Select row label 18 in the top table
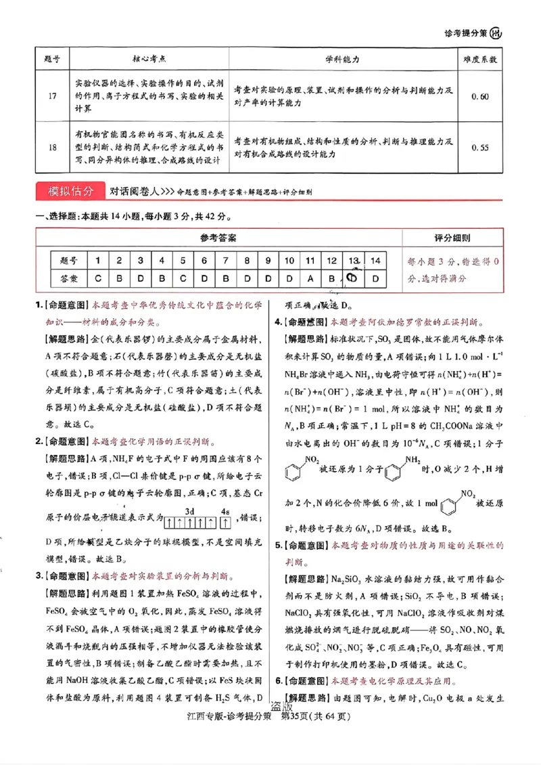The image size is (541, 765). [52, 146]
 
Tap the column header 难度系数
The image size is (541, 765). [480, 60]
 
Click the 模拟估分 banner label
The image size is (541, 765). [68, 191]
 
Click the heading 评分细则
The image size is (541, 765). [452, 238]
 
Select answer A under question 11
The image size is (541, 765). [310, 278]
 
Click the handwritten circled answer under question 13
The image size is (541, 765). [353, 278]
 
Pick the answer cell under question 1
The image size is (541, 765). [98, 278]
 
